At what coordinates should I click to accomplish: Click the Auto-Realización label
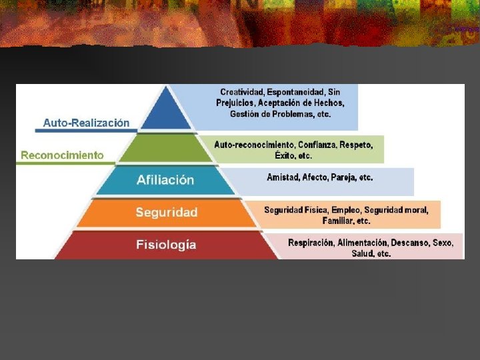86,123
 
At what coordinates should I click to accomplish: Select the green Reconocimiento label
62,155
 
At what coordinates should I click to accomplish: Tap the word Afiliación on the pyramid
165,180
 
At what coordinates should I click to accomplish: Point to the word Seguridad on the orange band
167,213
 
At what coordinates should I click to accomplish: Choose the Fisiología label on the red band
166,245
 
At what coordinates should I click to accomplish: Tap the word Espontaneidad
296,91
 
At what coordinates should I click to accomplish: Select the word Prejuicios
235,103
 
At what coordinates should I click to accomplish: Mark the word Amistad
283,177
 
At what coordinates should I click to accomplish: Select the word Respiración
311,243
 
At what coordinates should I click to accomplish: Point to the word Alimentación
363,243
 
